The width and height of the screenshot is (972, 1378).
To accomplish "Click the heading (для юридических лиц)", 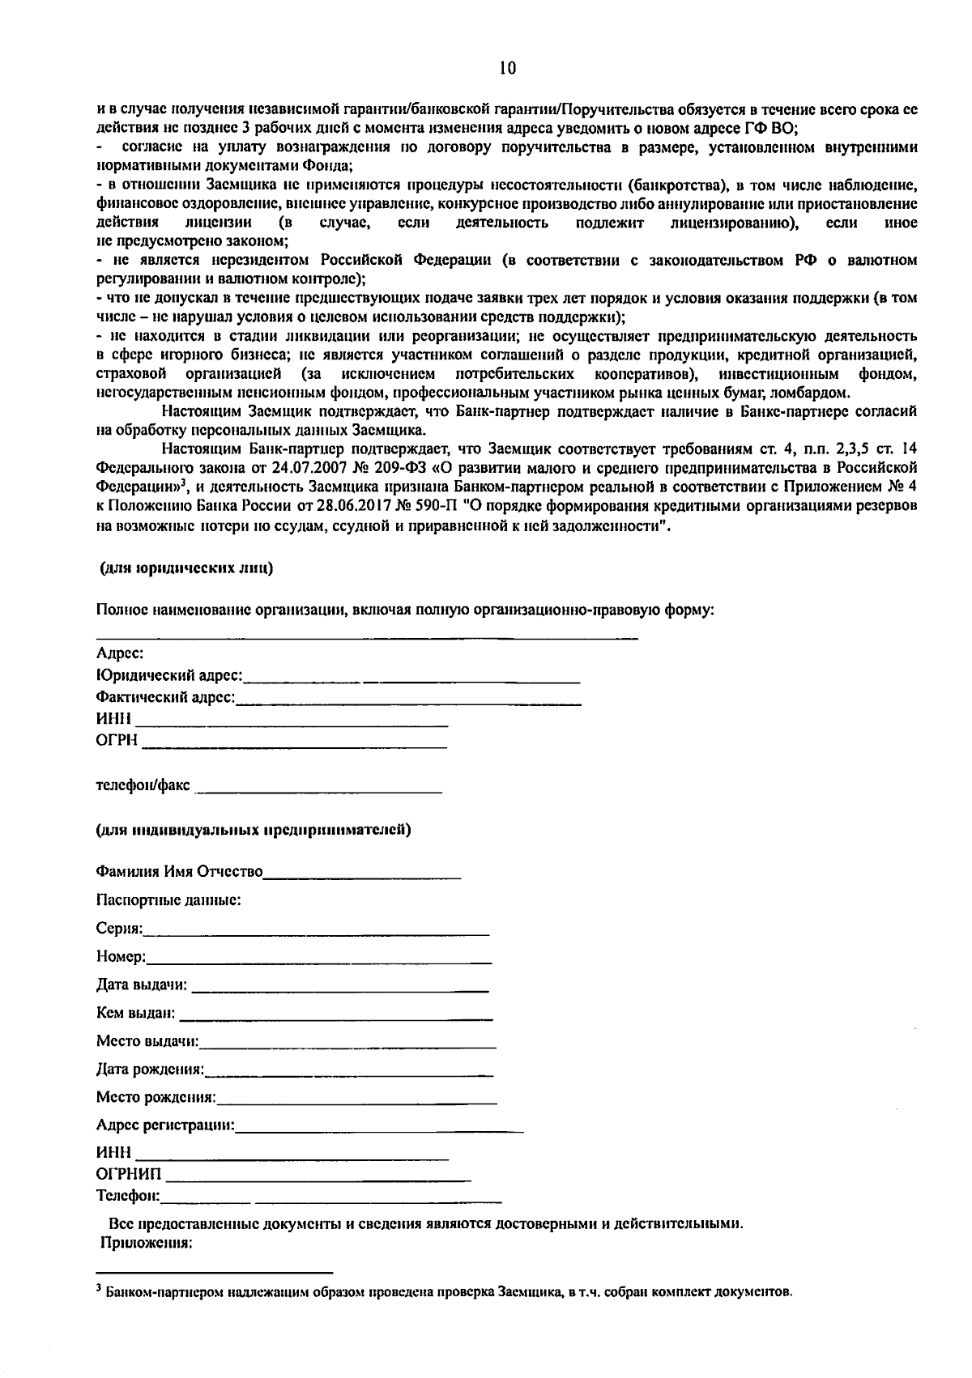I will click(x=185, y=568).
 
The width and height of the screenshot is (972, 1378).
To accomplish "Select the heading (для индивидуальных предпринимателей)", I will click(x=254, y=830).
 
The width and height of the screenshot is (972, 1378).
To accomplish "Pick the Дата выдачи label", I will click(x=141, y=985).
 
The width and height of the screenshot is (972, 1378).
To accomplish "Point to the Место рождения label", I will click(x=156, y=1098).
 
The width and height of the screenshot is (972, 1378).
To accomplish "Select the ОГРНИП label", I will click(x=128, y=1174).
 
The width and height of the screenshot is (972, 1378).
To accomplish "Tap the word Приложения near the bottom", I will click(x=146, y=1244).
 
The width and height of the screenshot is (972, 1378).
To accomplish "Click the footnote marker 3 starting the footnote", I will click(x=98, y=1288).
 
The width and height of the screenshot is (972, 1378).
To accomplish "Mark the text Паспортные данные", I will click(x=168, y=900).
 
